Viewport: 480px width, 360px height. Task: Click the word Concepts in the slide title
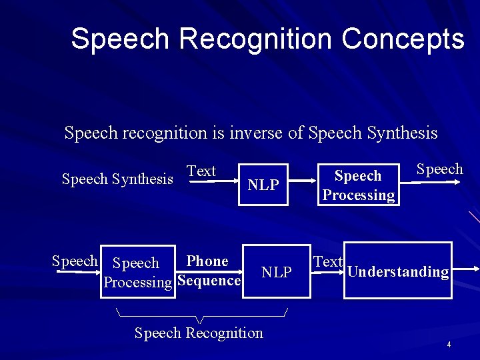click(x=403, y=39)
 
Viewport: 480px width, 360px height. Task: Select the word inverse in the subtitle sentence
click(x=256, y=133)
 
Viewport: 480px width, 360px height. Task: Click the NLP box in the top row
click(x=263, y=185)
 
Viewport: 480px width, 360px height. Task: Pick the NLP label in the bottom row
click(x=276, y=272)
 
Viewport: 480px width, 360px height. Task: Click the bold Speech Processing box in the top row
click(x=359, y=185)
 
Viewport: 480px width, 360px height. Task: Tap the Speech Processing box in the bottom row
click(x=137, y=273)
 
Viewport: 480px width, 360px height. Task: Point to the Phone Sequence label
click(x=208, y=271)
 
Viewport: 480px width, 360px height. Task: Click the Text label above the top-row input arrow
click(x=201, y=171)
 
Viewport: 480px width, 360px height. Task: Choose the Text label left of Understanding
click(x=328, y=262)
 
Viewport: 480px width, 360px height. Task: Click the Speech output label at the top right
click(x=439, y=169)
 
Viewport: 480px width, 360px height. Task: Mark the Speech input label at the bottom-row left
click(x=75, y=261)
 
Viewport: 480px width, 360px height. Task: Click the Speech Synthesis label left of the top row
click(x=117, y=179)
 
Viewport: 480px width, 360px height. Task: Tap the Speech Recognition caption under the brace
click(x=199, y=333)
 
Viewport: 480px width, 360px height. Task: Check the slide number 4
click(x=449, y=345)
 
